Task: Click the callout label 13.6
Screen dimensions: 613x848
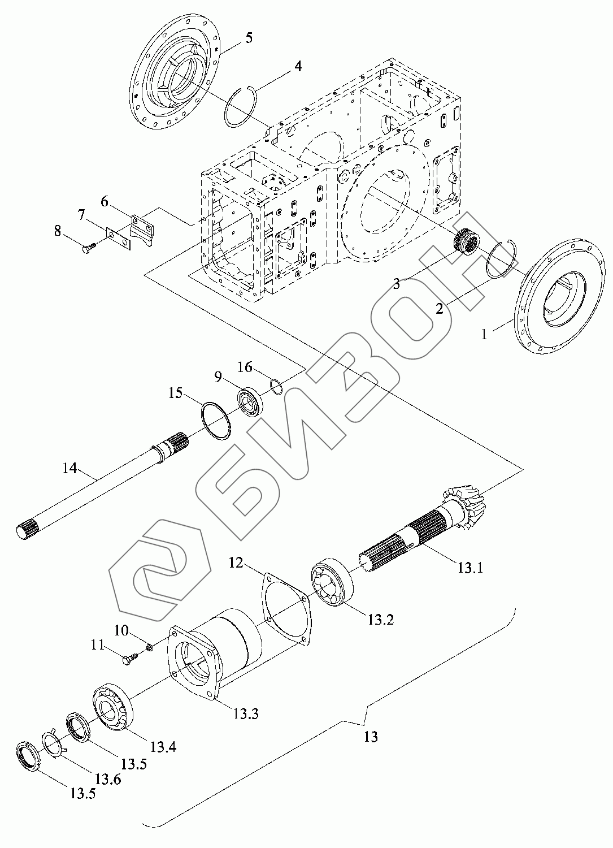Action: (x=107, y=778)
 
